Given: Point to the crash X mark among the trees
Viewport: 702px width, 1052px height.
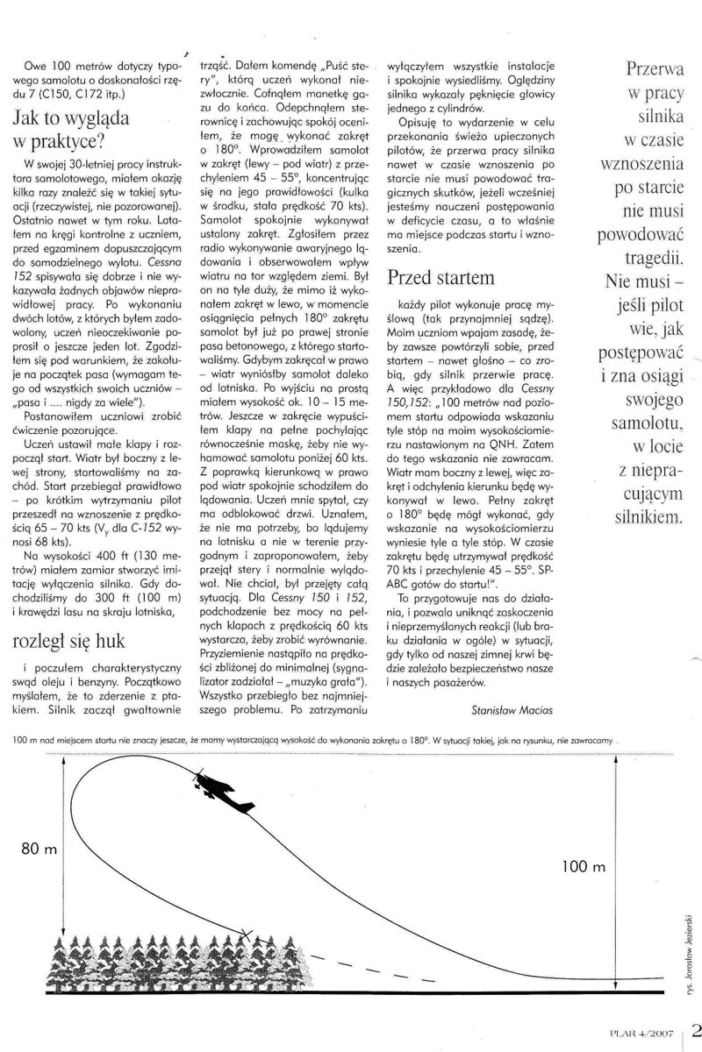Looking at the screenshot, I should point(247,939).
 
